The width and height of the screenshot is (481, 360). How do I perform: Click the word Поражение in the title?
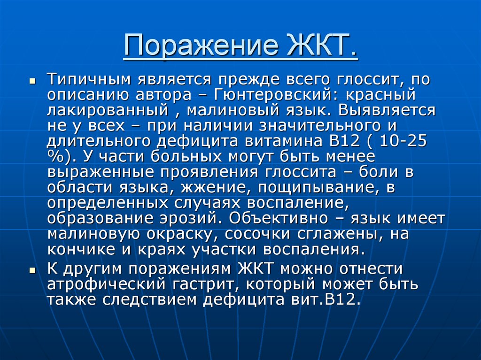click(201, 46)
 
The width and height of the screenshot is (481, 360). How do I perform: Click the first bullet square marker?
click(32, 82)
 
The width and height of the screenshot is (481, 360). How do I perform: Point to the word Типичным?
click(90, 79)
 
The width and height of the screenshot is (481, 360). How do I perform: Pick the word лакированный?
click(108, 110)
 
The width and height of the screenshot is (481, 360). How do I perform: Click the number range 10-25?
click(403, 141)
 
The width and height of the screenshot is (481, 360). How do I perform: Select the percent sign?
click(55, 156)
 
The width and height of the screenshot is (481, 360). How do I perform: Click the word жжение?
click(214, 188)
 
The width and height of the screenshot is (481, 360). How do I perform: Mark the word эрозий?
click(191, 219)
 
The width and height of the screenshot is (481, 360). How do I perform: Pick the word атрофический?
click(106, 284)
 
